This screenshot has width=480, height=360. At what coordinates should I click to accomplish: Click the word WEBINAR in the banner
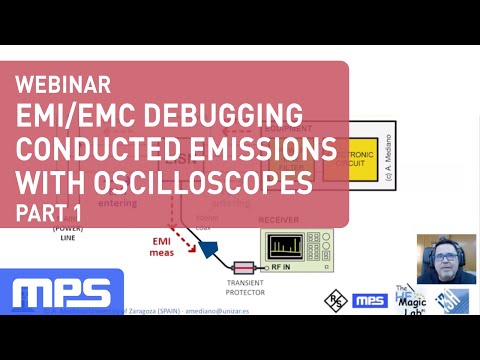[63, 84]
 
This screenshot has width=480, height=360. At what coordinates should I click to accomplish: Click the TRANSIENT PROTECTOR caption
[245, 289]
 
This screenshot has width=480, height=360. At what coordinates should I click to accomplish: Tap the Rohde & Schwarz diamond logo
[336, 299]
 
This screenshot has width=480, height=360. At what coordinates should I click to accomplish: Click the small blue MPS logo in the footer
[371, 299]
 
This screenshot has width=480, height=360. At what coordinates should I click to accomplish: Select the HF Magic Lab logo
[410, 297]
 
